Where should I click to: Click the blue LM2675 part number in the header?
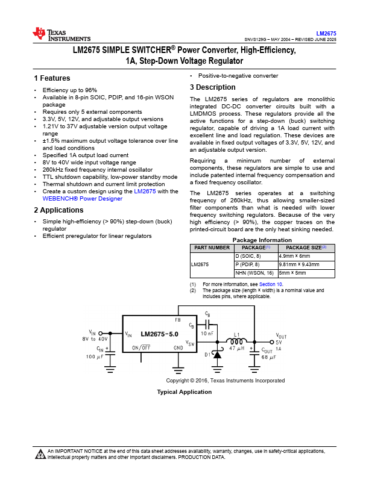tap(326, 33)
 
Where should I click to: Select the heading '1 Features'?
tap(52, 78)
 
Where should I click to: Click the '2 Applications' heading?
tap(58, 210)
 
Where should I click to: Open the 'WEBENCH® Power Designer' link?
tap(82, 199)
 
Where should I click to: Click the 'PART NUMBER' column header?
tap(211, 248)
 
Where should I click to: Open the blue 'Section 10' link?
tap(271, 284)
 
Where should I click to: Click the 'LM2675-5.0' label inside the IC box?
tap(159, 333)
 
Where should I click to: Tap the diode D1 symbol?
tap(218, 355)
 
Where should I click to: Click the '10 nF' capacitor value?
tap(207, 333)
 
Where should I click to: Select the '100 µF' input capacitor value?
tap(95, 357)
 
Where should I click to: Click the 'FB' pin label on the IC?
tap(177, 320)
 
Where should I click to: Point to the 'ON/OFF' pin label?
tap(141, 348)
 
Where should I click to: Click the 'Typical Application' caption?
tap(184, 392)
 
